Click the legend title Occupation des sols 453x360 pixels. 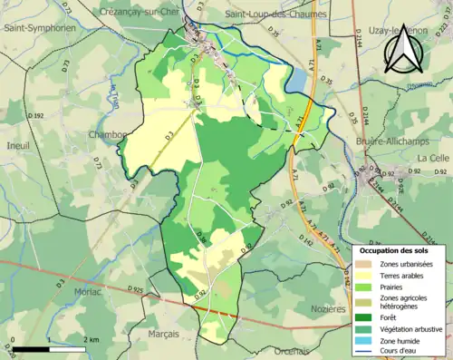tap(399, 250)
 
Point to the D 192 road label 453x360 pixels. tap(36, 116)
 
